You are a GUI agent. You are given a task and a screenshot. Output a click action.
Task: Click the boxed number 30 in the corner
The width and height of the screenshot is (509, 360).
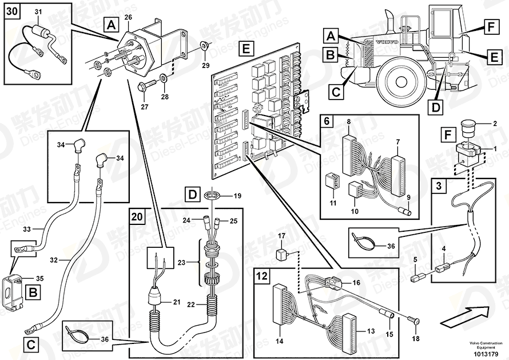[x=13, y=11]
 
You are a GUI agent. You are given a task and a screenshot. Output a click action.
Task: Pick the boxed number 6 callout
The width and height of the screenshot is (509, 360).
[x=327, y=121]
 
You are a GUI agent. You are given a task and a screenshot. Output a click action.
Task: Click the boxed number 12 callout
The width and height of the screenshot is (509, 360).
[x=262, y=276]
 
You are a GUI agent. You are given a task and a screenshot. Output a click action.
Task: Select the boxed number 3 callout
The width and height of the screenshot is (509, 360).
[x=439, y=186]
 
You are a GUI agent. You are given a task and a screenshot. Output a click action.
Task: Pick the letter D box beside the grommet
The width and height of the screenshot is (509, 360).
[x=193, y=195]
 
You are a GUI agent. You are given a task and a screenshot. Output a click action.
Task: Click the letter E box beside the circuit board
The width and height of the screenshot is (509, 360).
[x=246, y=49]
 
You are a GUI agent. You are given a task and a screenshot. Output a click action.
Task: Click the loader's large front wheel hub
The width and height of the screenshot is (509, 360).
[x=401, y=80]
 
